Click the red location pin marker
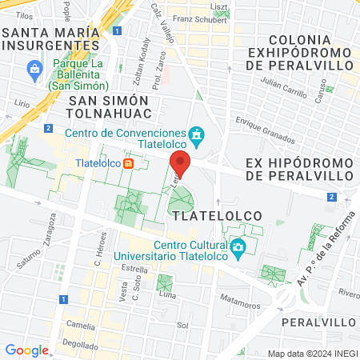point(180,162)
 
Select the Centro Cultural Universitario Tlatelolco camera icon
point(237,250)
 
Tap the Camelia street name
point(81,325)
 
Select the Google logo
point(26,350)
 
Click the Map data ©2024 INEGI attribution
point(311,354)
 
